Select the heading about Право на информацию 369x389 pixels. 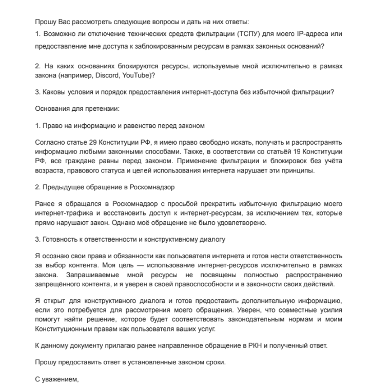120,125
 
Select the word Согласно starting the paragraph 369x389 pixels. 50,142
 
